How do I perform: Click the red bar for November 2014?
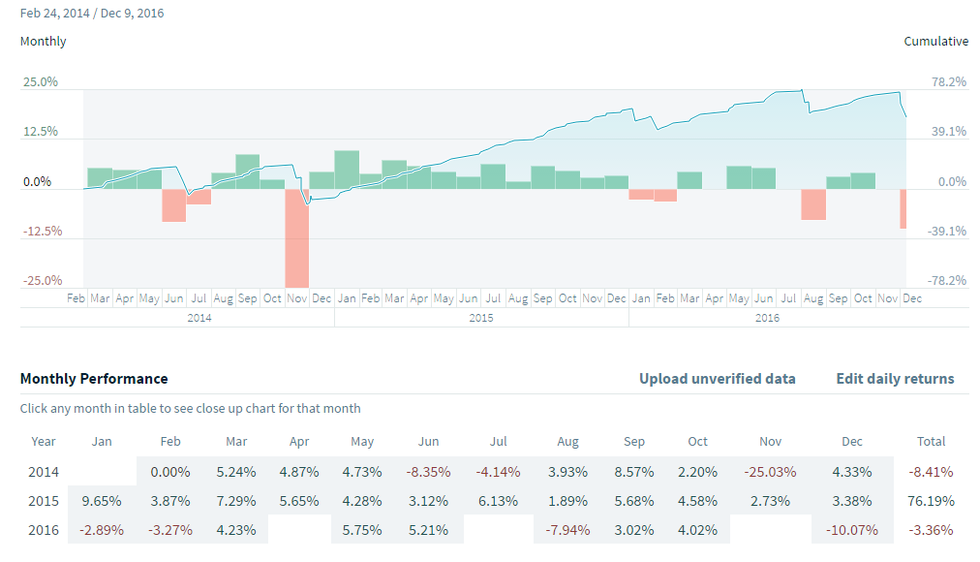click(296, 237)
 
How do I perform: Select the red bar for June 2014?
click(173, 205)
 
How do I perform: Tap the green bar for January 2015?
click(347, 170)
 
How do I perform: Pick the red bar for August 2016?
click(813, 204)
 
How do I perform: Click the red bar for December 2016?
click(903, 208)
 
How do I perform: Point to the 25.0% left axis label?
click(40, 82)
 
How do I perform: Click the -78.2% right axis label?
click(947, 281)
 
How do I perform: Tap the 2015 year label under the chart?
click(481, 318)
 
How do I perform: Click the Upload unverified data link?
click(717, 379)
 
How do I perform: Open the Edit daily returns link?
click(895, 379)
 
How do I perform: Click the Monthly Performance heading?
click(94, 379)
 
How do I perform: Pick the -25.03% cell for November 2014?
click(770, 472)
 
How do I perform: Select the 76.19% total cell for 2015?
click(931, 501)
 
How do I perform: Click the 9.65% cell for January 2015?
click(102, 501)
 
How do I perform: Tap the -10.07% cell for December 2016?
click(852, 530)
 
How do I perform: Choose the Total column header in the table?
click(931, 442)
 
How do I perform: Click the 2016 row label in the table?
click(44, 530)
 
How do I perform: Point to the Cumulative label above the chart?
click(935, 42)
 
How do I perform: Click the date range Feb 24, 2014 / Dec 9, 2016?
click(92, 14)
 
